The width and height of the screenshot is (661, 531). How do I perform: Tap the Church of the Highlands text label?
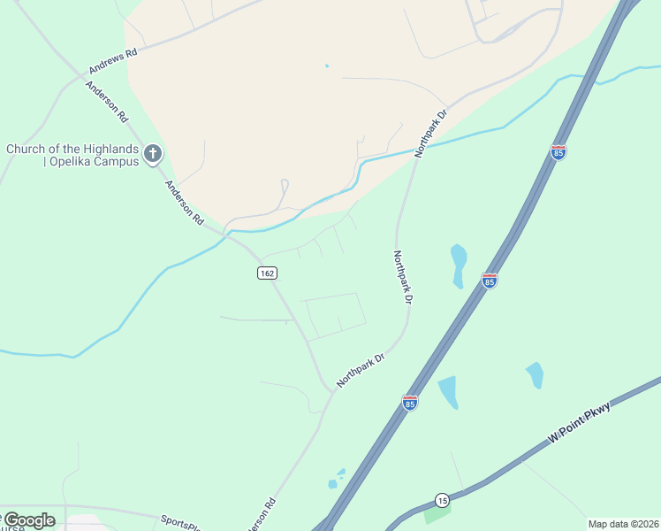72,155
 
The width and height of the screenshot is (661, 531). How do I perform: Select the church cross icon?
152,155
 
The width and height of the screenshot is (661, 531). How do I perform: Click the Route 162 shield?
267,273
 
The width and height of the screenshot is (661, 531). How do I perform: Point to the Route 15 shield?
442,500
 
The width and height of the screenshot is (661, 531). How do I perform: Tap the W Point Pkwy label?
579,423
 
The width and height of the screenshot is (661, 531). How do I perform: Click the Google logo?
29,520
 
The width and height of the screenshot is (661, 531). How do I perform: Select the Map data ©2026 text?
623,524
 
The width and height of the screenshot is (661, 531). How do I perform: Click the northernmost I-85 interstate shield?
558,152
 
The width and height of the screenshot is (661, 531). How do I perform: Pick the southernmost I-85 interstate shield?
409,403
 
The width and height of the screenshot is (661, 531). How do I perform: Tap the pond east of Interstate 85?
535,375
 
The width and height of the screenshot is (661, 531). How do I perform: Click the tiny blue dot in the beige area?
326,65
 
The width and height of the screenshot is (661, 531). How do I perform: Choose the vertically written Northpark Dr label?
403,277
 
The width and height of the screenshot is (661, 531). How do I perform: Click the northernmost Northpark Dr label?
432,133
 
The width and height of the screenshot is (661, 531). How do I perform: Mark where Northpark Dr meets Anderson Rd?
333,391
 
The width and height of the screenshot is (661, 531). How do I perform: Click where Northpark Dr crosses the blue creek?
415,153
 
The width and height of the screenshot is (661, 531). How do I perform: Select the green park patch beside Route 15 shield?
436,513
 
